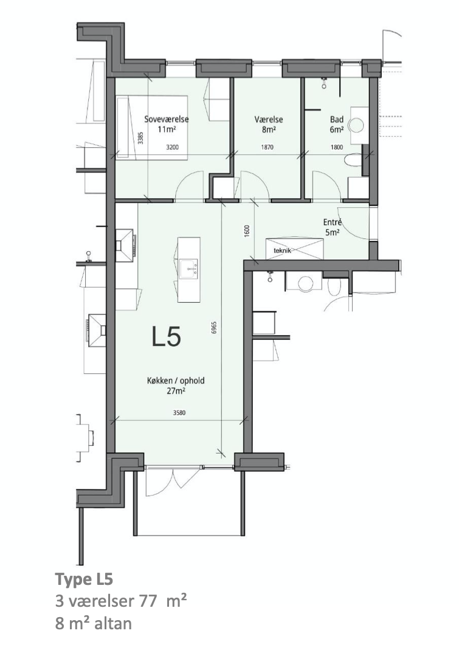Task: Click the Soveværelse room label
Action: coord(166,119)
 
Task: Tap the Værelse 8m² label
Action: coord(269,125)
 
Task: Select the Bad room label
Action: coord(337,120)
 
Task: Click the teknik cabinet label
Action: coord(282,250)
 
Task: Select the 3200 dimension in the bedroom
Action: coord(172,148)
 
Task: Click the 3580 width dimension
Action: coord(179,413)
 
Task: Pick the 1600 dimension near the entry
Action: coord(246,231)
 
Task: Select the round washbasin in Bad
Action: coord(356,126)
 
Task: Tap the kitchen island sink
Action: coord(189,268)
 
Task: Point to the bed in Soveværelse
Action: coord(152,128)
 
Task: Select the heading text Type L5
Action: coord(84,580)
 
